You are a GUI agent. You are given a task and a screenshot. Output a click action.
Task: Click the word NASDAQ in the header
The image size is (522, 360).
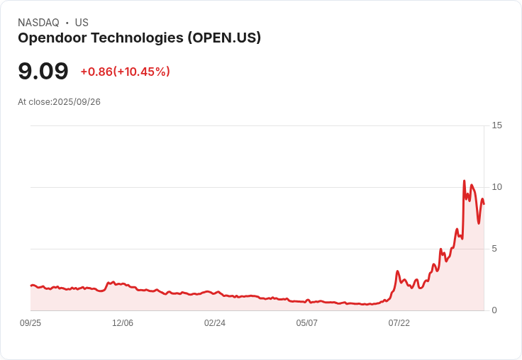[38, 23]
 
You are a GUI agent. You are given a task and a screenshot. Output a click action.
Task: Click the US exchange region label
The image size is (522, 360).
[82, 23]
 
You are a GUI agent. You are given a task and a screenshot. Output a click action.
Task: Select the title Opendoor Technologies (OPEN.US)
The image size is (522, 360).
[139, 38]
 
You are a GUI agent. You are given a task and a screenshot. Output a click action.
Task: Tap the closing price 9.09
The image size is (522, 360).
[43, 72]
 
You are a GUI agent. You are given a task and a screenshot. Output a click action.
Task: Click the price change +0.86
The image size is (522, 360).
[96, 72]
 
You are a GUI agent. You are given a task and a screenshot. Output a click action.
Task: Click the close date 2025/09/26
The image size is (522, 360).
[77, 102]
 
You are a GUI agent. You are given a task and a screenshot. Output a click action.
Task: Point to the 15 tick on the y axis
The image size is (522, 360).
[497, 125]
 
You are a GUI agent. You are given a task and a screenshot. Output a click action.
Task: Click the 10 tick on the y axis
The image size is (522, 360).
[497, 187]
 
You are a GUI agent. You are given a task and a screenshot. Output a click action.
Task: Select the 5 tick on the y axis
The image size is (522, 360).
[495, 249]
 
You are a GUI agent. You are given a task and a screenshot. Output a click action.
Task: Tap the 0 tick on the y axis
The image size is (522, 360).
[495, 310]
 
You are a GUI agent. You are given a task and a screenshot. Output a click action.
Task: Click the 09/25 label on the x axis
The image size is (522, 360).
[30, 323]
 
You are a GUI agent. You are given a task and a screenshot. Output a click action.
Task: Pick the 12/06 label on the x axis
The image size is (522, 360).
[123, 323]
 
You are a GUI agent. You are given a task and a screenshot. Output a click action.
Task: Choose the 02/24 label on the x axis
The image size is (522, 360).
[215, 323]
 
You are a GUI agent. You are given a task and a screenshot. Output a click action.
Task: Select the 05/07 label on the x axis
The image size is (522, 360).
[307, 323]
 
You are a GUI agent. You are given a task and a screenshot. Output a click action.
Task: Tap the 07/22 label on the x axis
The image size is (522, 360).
[399, 323]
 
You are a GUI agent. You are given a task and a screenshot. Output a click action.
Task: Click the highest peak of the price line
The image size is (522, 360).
[464, 181]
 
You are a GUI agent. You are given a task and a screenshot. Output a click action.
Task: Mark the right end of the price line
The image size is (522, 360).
[484, 204]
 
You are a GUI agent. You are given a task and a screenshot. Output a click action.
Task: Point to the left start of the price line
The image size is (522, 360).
[30, 286]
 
